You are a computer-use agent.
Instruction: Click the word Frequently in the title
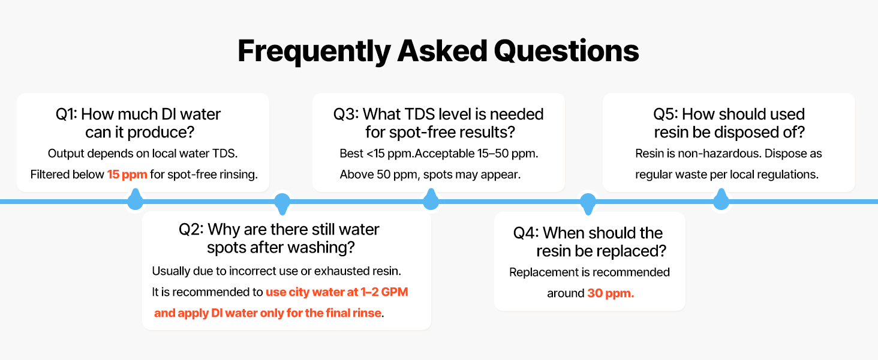[314, 52]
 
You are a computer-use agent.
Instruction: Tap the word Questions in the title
[566, 51]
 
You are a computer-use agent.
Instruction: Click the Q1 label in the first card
[66, 115]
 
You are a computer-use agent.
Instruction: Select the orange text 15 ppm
[127, 174]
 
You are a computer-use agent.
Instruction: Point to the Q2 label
[191, 229]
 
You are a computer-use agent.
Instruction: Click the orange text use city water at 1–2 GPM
[337, 292]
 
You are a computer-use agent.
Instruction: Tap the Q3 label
[345, 115]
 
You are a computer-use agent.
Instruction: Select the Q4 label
[526, 233]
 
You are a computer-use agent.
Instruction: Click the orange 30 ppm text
[611, 293]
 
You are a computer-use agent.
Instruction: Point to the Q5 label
[666, 115]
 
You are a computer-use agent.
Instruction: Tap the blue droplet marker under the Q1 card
[135, 199]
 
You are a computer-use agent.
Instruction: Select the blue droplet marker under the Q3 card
[431, 199]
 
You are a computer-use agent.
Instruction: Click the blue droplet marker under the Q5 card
[721, 199]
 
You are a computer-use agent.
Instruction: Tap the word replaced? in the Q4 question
[633, 251]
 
